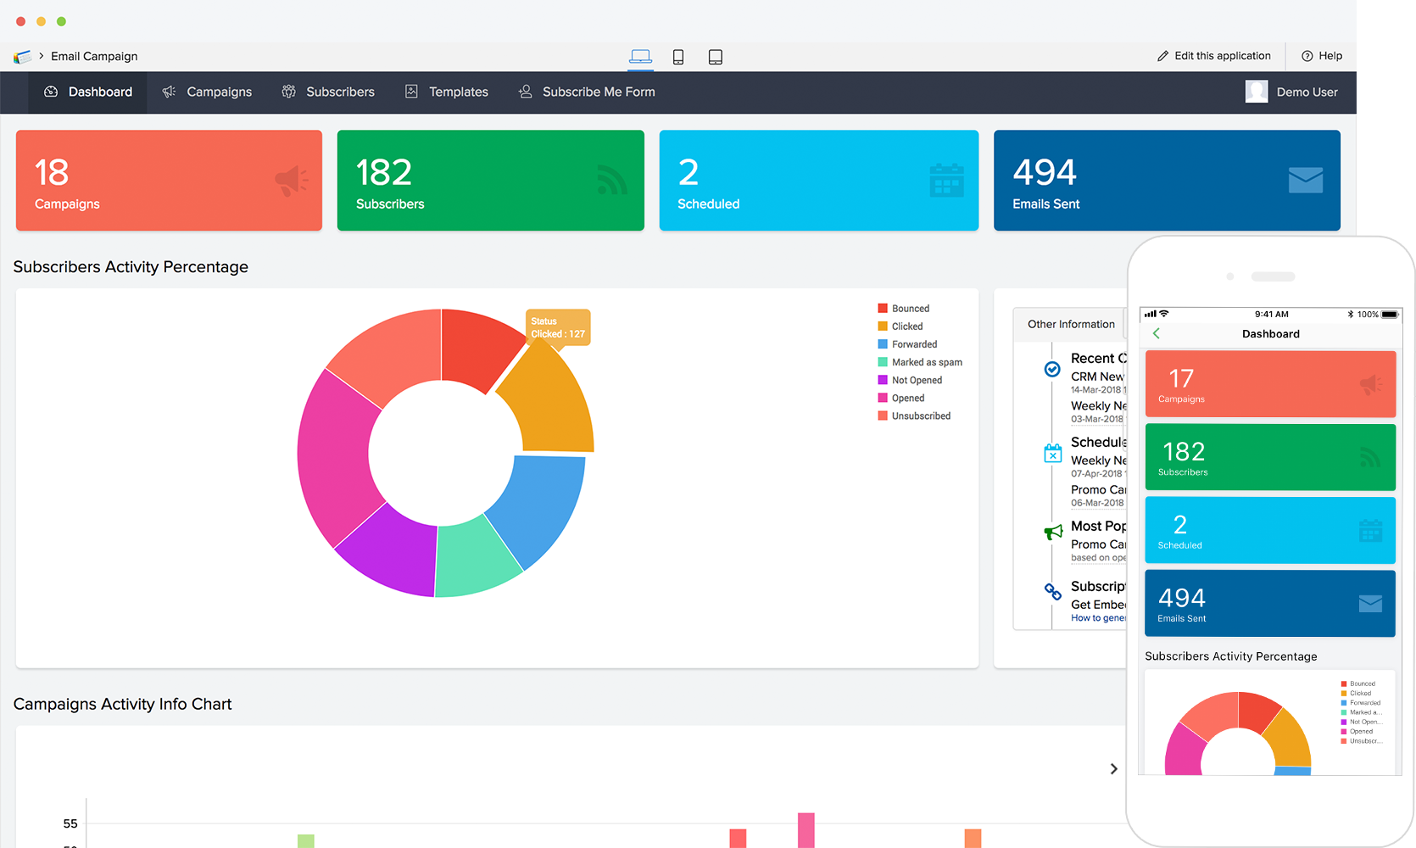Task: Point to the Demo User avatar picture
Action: point(1257,92)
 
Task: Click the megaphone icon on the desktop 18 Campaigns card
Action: point(291,180)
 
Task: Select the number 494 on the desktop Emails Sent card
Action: point(1045,173)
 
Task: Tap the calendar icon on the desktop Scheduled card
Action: point(946,180)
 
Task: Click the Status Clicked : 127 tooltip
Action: point(558,327)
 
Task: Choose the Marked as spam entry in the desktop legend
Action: point(926,362)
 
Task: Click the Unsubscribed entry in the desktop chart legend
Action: point(920,416)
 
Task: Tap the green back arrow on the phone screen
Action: point(1157,333)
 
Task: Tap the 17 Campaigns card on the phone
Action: point(1269,384)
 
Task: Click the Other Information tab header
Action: point(1070,324)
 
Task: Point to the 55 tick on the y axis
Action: point(70,823)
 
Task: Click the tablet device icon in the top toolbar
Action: point(715,57)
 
